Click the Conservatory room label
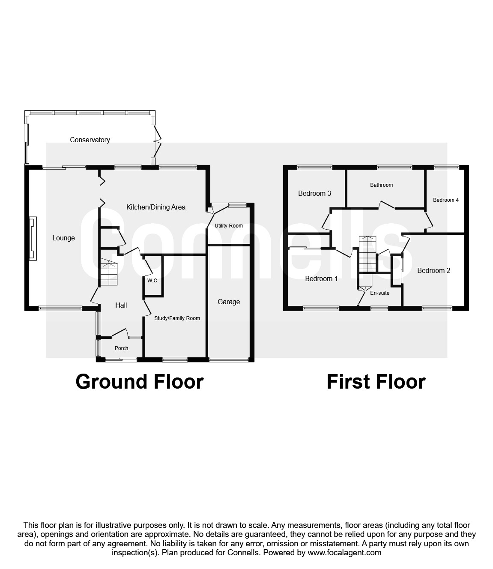pos(90,140)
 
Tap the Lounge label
pos(63,238)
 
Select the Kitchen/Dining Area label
pos(156,207)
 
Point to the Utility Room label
pos(228,226)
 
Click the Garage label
pos(229,302)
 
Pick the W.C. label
pos(153,281)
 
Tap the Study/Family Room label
pos(177,318)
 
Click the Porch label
pos(121,348)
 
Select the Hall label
pos(121,305)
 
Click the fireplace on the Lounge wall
pos(33,238)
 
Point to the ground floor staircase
pos(109,272)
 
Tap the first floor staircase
pos(367,254)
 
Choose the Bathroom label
pos(381,185)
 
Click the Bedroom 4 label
pos(445,200)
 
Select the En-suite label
pos(379,293)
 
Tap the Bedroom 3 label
pos(314,194)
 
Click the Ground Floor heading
pos(140,382)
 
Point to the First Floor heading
pos(376,382)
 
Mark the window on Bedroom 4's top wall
pos(446,167)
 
